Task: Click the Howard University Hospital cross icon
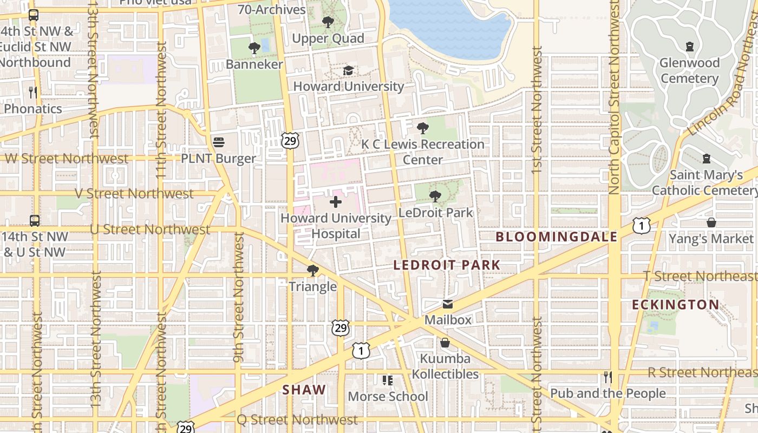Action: click(336, 202)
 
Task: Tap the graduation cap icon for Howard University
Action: click(348, 71)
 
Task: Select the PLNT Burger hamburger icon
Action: click(219, 142)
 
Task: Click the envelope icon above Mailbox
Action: click(448, 304)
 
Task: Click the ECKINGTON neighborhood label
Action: click(676, 305)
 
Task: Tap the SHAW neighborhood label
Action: click(304, 390)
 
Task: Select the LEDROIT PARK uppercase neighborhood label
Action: click(447, 265)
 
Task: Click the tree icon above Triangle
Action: click(312, 271)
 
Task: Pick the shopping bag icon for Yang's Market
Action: click(711, 222)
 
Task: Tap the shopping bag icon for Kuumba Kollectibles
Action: click(445, 343)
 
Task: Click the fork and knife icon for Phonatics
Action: click(33, 93)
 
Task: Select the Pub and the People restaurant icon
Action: click(608, 377)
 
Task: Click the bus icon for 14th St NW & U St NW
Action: click(35, 221)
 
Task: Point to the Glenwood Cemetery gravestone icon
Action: click(690, 47)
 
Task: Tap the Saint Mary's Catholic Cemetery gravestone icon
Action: click(707, 159)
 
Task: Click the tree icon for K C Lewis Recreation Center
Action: click(423, 128)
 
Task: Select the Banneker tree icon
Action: click(254, 49)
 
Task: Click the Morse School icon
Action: click(388, 380)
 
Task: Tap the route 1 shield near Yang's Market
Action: click(642, 226)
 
